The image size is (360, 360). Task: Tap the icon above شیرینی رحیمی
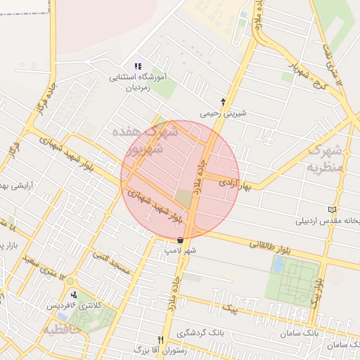(x=224, y=102)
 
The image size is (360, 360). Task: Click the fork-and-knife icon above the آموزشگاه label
(x=138, y=66)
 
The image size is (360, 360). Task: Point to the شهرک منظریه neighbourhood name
(x=324, y=158)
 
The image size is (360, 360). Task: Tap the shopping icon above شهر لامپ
(x=181, y=240)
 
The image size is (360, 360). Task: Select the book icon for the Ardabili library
(x=332, y=209)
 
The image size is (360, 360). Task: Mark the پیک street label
(x=229, y=307)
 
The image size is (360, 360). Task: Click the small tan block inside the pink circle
(x=183, y=198)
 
